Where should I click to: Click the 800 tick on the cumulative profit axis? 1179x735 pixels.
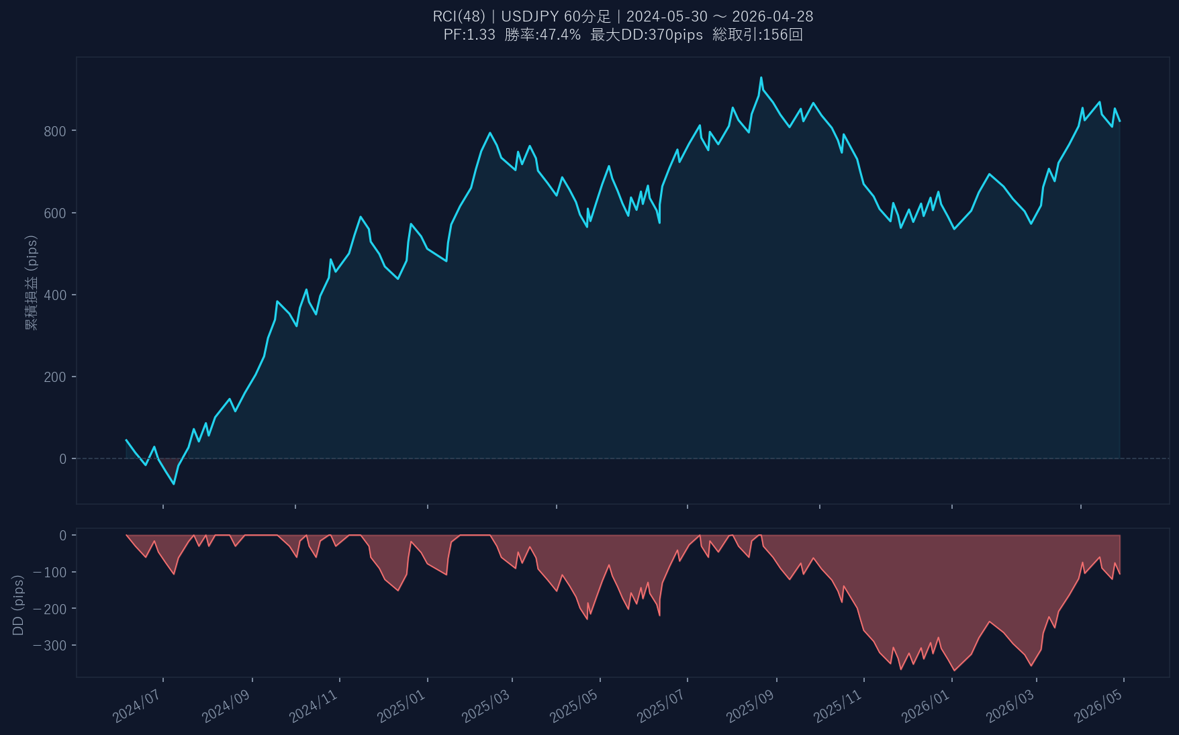click(55, 132)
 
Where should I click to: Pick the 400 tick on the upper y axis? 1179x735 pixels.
click(55, 295)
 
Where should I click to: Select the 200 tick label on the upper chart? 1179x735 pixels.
click(55, 377)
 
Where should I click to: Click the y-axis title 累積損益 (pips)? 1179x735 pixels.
click(31, 283)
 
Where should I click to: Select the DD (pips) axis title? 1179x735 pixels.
click(18, 605)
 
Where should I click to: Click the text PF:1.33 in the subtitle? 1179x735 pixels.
click(469, 35)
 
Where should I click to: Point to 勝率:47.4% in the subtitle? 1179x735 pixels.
click(543, 35)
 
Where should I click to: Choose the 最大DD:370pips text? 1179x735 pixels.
click(647, 35)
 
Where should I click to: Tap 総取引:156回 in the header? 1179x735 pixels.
click(757, 35)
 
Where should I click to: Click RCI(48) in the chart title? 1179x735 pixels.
click(459, 16)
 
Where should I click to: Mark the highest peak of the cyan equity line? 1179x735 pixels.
click(761, 77)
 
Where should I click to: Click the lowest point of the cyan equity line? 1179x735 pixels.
click(174, 484)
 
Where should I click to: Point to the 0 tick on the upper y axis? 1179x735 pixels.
click(63, 459)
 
